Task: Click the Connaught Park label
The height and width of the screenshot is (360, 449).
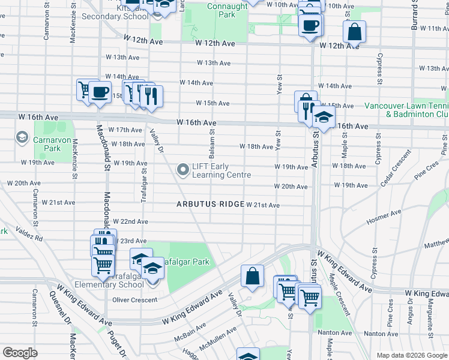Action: click(x=227, y=10)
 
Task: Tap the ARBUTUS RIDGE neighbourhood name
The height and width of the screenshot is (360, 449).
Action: click(x=209, y=205)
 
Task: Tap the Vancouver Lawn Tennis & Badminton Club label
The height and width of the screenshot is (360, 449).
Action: click(x=406, y=110)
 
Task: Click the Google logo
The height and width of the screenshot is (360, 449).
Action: click(x=20, y=352)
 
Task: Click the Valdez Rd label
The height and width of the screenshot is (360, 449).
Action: click(x=29, y=234)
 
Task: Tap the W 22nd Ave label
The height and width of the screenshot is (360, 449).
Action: click(x=130, y=222)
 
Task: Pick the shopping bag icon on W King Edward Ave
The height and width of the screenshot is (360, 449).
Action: click(x=253, y=276)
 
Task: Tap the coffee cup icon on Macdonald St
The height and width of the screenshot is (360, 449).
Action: click(x=100, y=92)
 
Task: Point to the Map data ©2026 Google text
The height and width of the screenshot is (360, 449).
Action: click(x=411, y=355)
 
